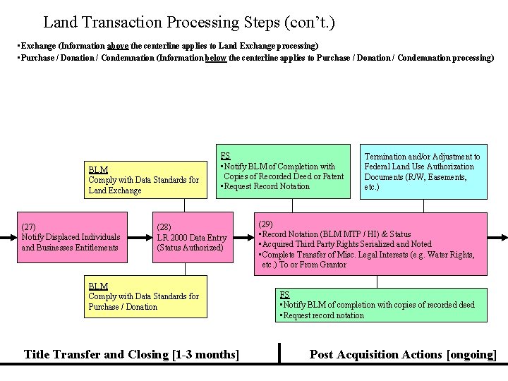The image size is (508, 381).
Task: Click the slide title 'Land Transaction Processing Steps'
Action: [x=189, y=23]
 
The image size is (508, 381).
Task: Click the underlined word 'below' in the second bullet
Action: [x=215, y=58]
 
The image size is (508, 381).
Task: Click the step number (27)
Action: [x=30, y=227]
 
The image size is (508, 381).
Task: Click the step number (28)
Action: [x=164, y=227]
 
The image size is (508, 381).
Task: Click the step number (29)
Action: [x=267, y=222]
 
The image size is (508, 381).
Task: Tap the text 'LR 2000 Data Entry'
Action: [x=192, y=238]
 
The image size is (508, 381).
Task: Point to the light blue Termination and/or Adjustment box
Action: [x=423, y=171]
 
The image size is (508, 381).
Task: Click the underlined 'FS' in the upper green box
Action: [x=225, y=156]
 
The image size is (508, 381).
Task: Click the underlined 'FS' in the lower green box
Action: [x=284, y=294]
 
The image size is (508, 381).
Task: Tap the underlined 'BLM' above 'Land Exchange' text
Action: [x=98, y=169]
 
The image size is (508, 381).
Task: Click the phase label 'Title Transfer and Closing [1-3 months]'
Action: [x=131, y=354]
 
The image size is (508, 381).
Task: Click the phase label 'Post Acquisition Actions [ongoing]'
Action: [x=403, y=354]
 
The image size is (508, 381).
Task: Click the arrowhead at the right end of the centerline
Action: [x=504, y=238]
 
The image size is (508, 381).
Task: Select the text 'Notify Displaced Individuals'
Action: [x=71, y=237]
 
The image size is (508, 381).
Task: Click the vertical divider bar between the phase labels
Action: [x=279, y=353]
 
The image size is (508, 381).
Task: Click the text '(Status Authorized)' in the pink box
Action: [x=190, y=248]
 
